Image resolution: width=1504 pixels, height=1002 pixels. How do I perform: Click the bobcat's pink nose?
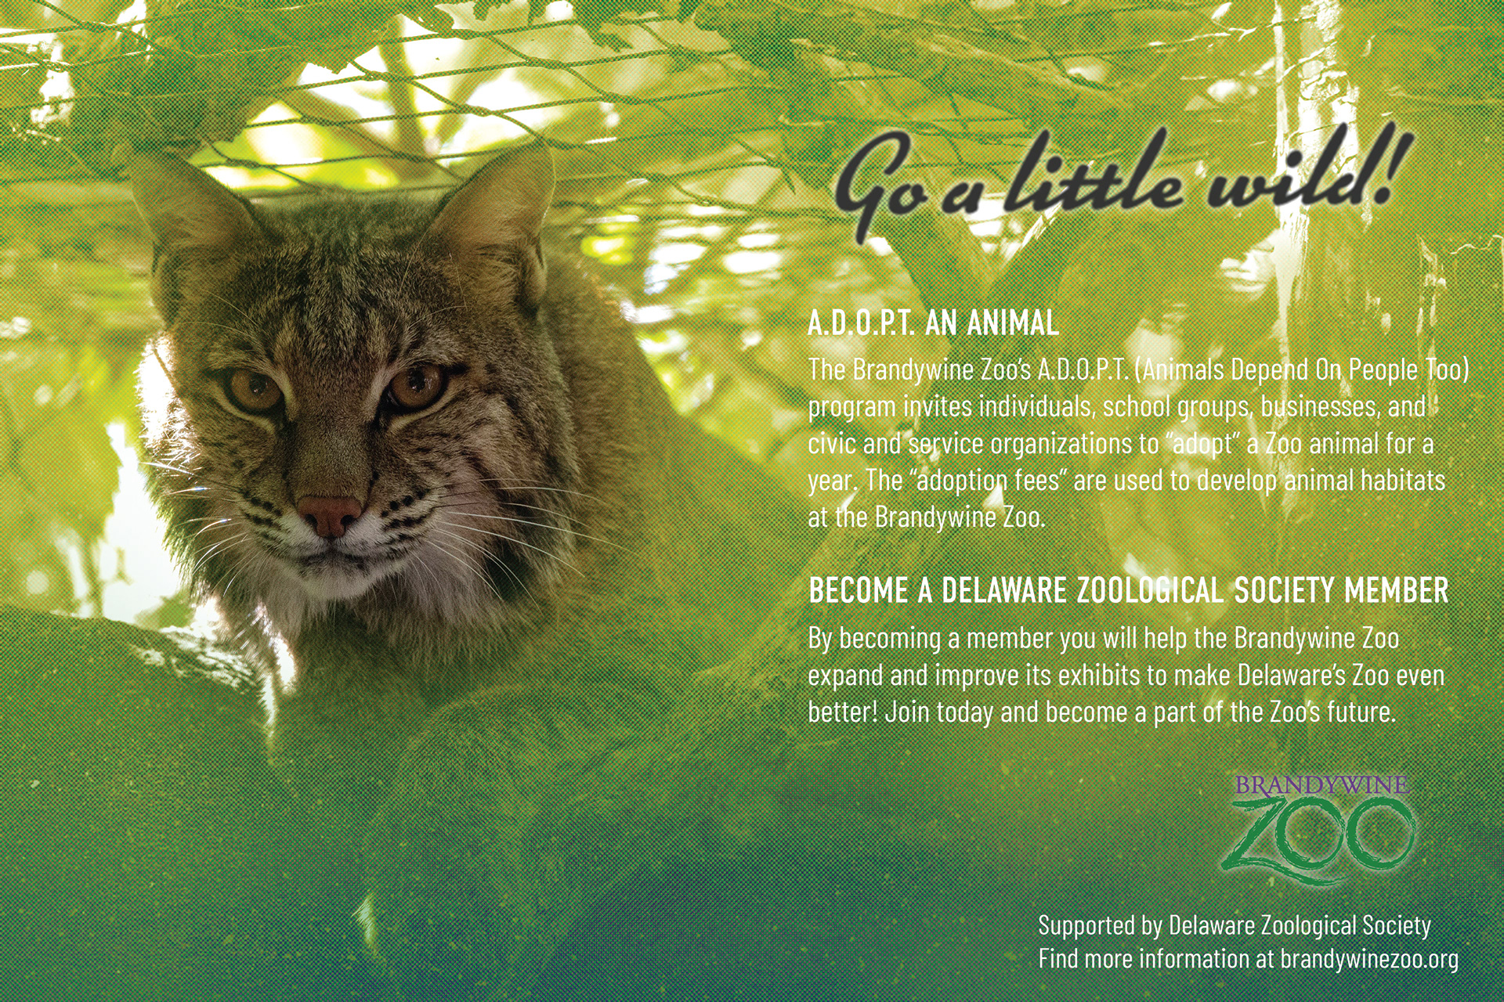click(331, 514)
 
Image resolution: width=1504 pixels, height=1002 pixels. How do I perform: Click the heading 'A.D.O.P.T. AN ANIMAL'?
click(934, 322)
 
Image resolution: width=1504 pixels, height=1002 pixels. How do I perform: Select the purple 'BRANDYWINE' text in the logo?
click(1322, 785)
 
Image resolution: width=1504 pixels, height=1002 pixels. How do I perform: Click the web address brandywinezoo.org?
click(1369, 959)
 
